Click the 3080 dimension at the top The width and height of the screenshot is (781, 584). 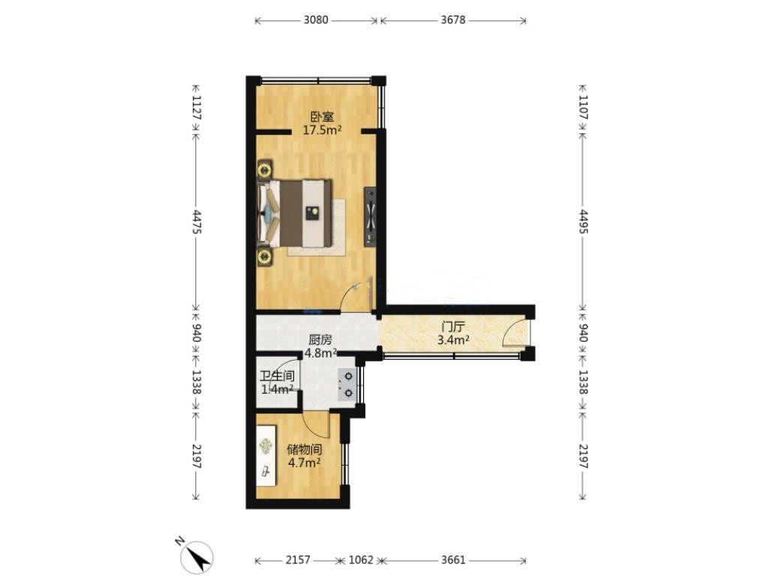tap(316, 20)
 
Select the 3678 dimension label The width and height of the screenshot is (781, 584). tap(452, 20)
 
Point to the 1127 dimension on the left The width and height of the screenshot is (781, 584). tap(197, 107)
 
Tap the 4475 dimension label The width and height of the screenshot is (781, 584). tap(197, 222)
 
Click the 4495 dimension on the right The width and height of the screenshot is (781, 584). tap(583, 222)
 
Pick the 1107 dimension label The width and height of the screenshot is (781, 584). tap(583, 107)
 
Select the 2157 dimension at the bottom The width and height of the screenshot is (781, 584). tap(298, 560)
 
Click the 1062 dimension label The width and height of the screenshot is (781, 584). tap(361, 560)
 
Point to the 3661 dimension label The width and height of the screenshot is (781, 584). tap(453, 560)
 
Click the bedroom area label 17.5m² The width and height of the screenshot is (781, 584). tap(323, 130)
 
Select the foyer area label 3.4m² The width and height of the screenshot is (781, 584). tap(452, 340)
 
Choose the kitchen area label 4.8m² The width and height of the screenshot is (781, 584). tap(321, 354)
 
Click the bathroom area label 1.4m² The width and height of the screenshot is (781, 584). tap(278, 389)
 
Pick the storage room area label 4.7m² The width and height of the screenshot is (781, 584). tap(304, 463)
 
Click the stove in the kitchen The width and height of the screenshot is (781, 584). tap(347, 385)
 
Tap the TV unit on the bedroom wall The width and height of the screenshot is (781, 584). tap(370, 217)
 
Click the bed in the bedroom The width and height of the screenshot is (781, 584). tap(294, 214)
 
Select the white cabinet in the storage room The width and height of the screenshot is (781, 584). tap(266, 455)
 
